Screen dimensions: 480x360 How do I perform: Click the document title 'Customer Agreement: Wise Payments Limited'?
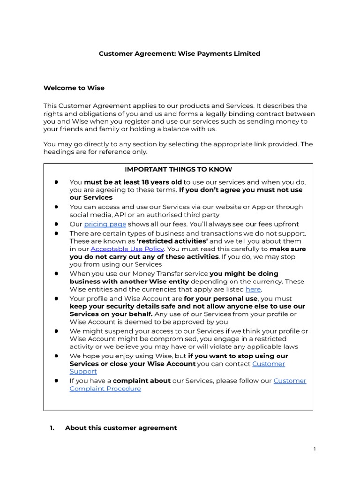click(x=179, y=53)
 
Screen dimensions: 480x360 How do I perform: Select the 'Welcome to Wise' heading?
click(x=74, y=88)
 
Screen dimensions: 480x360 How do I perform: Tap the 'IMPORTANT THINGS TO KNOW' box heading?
click(x=178, y=169)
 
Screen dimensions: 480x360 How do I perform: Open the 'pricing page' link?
click(x=105, y=224)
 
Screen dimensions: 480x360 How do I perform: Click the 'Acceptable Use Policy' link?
click(x=127, y=249)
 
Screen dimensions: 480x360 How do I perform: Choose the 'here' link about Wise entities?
click(x=253, y=289)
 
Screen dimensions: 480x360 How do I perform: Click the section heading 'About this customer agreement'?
click(x=121, y=427)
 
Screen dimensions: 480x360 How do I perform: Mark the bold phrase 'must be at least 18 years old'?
click(x=133, y=182)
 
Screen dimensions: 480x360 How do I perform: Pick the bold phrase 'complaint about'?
click(x=142, y=381)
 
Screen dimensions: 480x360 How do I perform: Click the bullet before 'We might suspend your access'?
click(x=56, y=331)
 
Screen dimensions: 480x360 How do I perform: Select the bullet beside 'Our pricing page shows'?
click(x=56, y=224)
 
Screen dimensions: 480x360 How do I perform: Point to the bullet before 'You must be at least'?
click(x=56, y=182)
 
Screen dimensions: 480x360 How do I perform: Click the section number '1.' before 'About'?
click(x=52, y=427)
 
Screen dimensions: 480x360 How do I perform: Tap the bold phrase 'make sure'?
click(x=288, y=249)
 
